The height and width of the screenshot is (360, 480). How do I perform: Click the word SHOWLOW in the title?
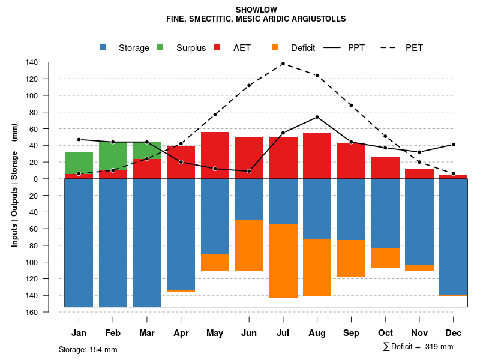pos(256,10)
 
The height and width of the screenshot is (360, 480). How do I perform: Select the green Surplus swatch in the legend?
pos(160,48)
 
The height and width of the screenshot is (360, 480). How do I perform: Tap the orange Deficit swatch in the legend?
pos(275,48)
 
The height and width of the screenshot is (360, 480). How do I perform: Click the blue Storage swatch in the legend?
pos(103,48)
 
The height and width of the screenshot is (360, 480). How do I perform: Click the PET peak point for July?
pos(283,64)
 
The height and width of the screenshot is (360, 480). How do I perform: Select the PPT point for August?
pos(317,117)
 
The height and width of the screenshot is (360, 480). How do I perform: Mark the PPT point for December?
pos(454,145)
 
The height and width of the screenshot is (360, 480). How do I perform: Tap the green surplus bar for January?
pos(79,163)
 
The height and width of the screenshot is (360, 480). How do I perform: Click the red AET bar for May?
pos(215,155)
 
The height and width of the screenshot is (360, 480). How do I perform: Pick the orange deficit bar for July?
pos(283,260)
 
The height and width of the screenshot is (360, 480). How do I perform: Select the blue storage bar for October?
pos(385,213)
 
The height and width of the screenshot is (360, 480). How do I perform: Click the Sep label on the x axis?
pos(351,333)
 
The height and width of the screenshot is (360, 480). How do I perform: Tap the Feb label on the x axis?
pos(113,333)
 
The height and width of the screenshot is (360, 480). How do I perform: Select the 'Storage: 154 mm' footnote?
pos(88,349)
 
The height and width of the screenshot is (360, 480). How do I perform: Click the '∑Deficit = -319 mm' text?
pos(418,347)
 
